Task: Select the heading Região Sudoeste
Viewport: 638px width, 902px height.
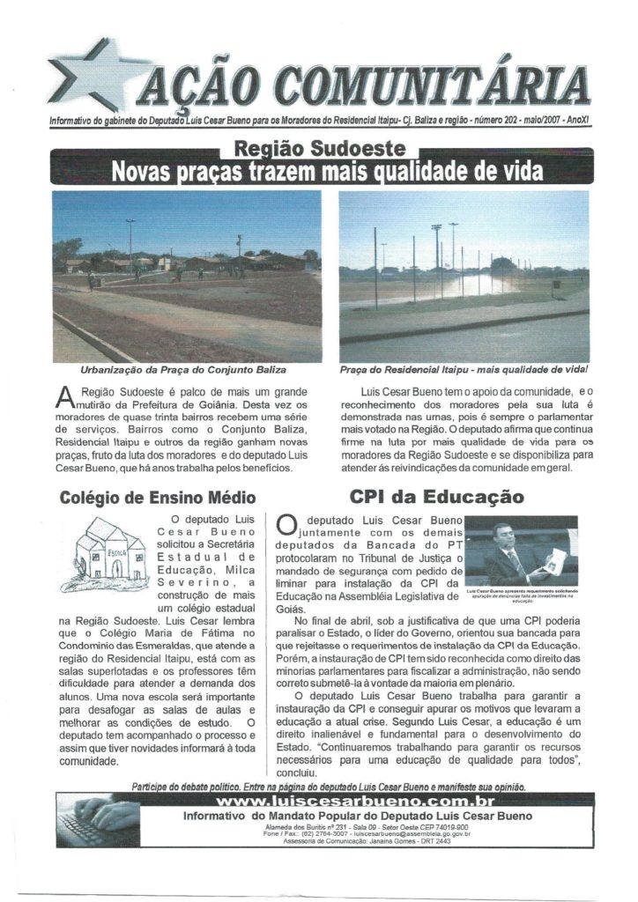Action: click(x=318, y=149)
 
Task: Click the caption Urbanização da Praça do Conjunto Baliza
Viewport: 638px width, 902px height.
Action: click(x=182, y=370)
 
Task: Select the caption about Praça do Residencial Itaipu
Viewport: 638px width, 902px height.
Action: click(x=464, y=370)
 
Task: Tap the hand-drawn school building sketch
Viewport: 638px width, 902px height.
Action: click(x=109, y=551)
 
